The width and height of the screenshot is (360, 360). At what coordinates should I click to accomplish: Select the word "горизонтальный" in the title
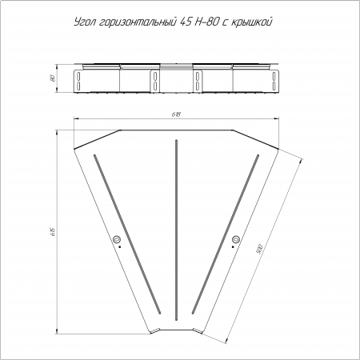click(x=137, y=22)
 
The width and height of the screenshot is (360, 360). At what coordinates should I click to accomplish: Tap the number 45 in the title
click(x=186, y=22)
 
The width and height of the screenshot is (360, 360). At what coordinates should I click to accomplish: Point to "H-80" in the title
click(x=207, y=22)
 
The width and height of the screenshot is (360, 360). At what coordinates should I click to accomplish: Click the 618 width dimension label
click(x=176, y=114)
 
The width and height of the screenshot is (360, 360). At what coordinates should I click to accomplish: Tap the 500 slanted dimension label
click(x=259, y=249)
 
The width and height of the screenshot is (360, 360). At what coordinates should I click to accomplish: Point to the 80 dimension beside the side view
click(x=53, y=78)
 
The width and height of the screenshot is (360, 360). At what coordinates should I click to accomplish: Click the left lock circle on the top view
click(x=117, y=239)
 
